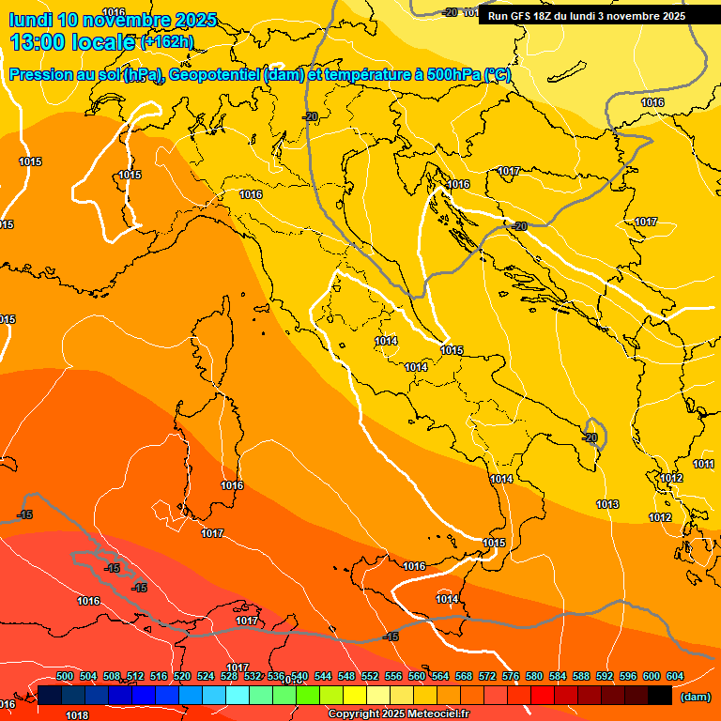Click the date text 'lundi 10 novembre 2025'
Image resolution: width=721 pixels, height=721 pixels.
[x=113, y=20]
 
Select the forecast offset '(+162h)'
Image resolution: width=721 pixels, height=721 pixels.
[x=167, y=41]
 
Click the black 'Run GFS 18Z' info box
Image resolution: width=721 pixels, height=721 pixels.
[x=587, y=16]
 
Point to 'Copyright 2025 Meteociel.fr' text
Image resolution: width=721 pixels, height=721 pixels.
[x=398, y=714]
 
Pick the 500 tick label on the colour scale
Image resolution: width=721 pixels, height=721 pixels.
[x=65, y=677]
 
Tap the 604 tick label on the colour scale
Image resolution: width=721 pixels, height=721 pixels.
[x=674, y=677]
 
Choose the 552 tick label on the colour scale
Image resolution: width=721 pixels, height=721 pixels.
[x=370, y=677]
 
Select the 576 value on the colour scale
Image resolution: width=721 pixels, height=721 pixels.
[x=511, y=677]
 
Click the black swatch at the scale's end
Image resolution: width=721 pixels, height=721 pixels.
[x=660, y=696]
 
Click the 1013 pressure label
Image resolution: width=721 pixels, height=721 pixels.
[x=607, y=505]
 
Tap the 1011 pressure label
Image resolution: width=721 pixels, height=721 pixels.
[x=703, y=465]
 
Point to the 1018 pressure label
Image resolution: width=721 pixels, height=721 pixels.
[x=77, y=715]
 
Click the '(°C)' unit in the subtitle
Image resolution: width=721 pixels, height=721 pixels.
[x=498, y=75]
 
